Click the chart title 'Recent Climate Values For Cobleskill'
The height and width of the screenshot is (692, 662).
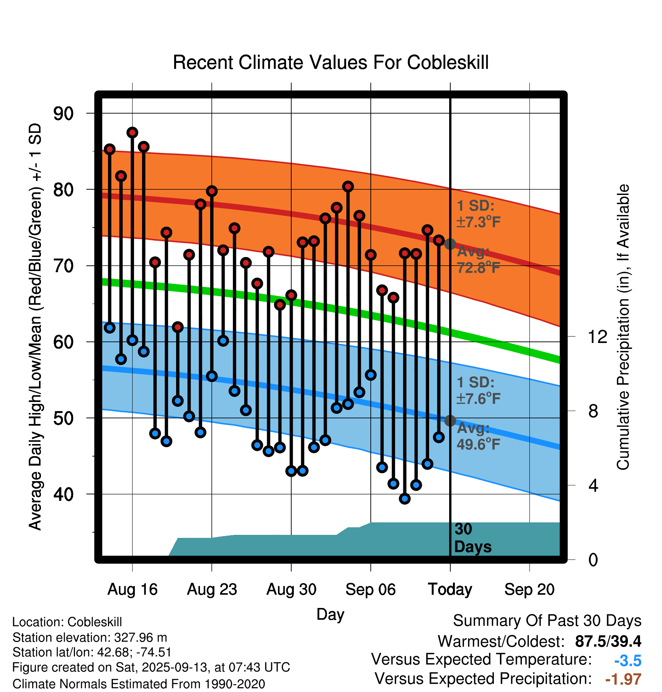(x=331, y=62)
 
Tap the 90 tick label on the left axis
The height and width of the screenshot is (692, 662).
(x=64, y=114)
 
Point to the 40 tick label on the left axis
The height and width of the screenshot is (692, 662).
(x=64, y=494)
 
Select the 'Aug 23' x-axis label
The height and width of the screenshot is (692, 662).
(x=212, y=589)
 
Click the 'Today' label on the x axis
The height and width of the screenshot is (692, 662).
(x=450, y=589)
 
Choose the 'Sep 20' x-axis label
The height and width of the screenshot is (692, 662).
(x=529, y=589)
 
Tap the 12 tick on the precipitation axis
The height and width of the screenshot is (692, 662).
(x=597, y=337)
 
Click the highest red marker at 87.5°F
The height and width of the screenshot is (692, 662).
(x=132, y=132)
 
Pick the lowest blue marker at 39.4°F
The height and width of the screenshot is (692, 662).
(x=404, y=499)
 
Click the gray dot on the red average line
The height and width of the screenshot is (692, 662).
(x=450, y=244)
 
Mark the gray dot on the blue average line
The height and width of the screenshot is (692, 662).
(x=450, y=421)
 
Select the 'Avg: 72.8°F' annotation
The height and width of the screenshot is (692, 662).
(x=478, y=260)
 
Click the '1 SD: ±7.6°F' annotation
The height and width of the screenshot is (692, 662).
(x=478, y=390)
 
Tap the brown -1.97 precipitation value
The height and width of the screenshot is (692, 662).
(x=623, y=679)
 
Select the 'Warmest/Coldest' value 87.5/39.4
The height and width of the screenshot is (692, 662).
(x=608, y=641)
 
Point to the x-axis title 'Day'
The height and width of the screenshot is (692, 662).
(x=330, y=614)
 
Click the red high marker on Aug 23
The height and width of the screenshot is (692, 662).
(x=212, y=191)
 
